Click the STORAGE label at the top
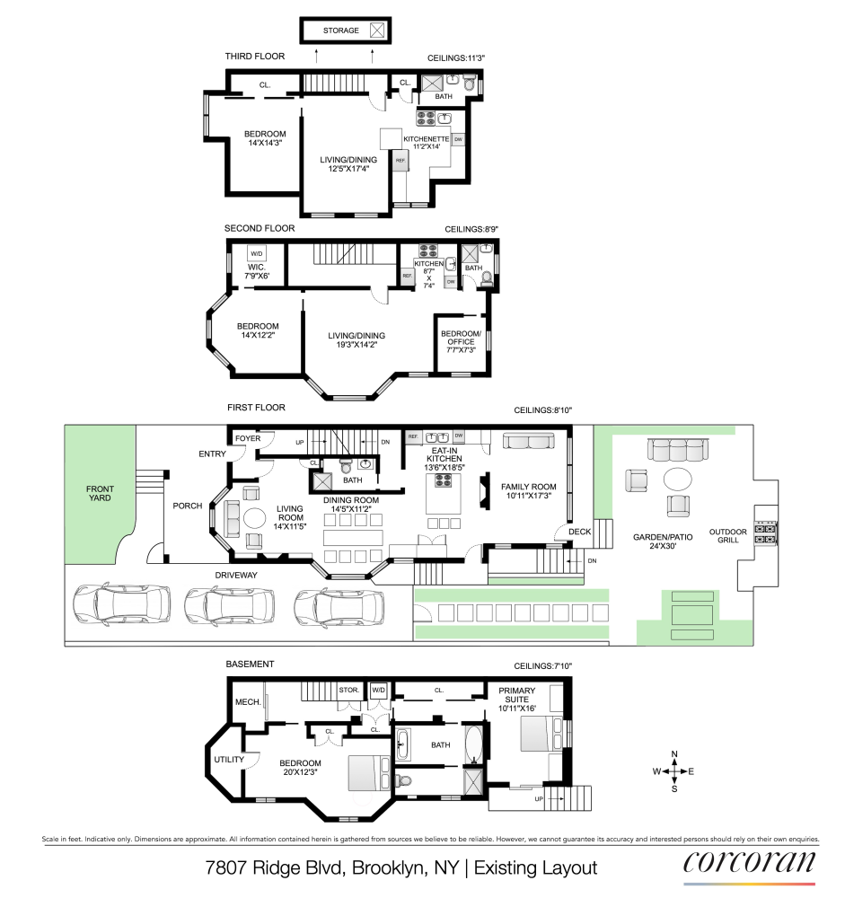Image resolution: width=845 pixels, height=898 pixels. (x=341, y=31)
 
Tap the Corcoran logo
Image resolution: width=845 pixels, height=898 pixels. (x=751, y=864)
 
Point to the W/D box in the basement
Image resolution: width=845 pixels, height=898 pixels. (x=378, y=690)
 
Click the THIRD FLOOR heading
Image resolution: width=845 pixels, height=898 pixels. (x=254, y=57)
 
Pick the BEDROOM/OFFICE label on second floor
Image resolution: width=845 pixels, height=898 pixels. (x=462, y=341)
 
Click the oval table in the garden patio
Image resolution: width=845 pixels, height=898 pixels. (x=679, y=475)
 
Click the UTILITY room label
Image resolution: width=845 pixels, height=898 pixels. (x=229, y=760)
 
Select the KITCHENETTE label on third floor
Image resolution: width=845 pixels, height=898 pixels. (x=426, y=139)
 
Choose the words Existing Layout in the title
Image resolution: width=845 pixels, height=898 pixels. (x=535, y=868)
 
